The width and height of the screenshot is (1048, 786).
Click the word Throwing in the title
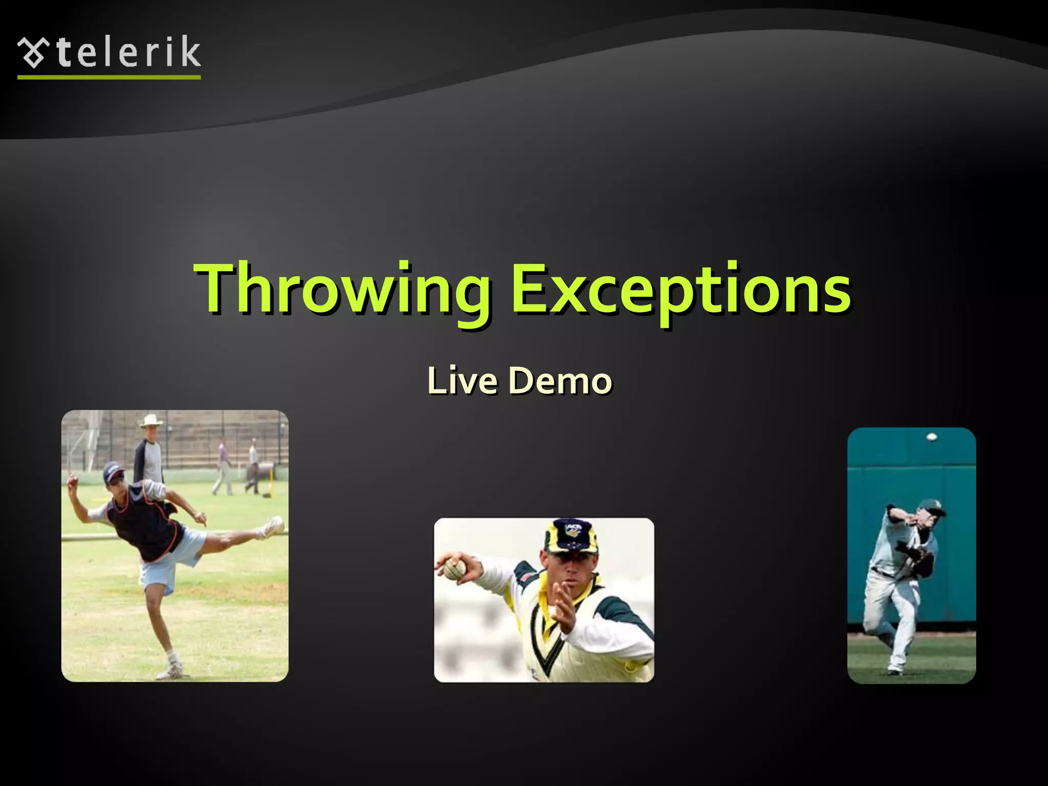pyautogui.click(x=342, y=289)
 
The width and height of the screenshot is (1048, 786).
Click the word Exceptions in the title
pyautogui.click(x=681, y=289)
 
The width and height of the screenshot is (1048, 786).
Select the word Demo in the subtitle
pyautogui.click(x=560, y=381)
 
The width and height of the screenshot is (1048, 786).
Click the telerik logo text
pyautogui.click(x=128, y=53)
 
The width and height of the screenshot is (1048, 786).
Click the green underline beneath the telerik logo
pyautogui.click(x=109, y=77)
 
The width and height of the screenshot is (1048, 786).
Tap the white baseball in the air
pyautogui.click(x=931, y=437)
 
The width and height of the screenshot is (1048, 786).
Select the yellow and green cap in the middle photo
pyautogui.click(x=571, y=537)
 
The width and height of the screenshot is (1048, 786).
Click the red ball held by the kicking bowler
pyautogui.click(x=72, y=481)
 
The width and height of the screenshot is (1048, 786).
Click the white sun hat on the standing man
pyautogui.click(x=151, y=421)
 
